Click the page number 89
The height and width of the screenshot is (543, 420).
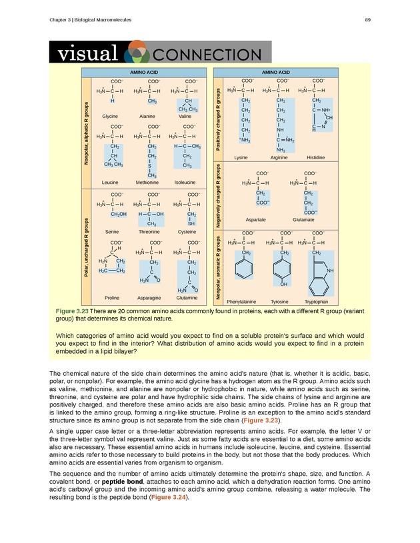click(367, 21)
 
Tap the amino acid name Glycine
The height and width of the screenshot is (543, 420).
click(110, 116)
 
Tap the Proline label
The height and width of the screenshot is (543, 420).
click(112, 297)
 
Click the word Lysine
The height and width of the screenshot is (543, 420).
click(241, 157)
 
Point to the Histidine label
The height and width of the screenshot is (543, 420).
click(315, 157)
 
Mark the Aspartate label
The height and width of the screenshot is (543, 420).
click(257, 219)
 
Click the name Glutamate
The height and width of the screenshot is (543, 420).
click(305, 219)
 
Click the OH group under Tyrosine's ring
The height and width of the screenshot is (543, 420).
click(284, 285)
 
